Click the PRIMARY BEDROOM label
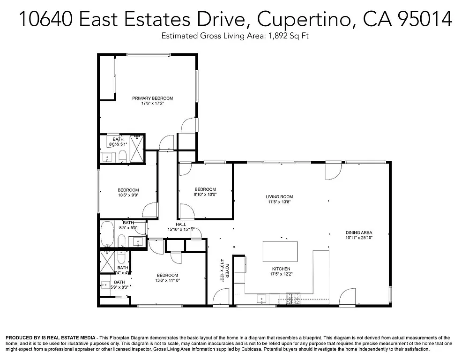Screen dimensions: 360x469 click(x=152, y=98)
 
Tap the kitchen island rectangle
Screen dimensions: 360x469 click(x=280, y=251)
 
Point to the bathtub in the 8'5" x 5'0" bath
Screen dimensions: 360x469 click(x=107, y=234)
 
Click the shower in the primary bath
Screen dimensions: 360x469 click(x=137, y=149)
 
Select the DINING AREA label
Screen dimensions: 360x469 click(x=359, y=232)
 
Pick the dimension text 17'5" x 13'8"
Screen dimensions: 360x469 click(x=280, y=202)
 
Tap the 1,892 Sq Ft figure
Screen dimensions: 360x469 click(x=287, y=36)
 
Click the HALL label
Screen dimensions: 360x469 click(x=180, y=224)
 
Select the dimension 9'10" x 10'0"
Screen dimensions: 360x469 click(x=205, y=195)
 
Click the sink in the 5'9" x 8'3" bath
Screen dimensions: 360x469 click(x=105, y=285)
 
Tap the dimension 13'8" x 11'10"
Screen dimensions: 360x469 click(x=167, y=280)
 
